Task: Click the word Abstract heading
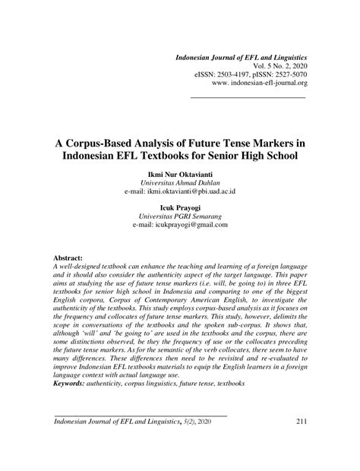tap(68, 258)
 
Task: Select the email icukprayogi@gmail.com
tap(182, 225)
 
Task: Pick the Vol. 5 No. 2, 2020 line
tap(270, 67)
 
